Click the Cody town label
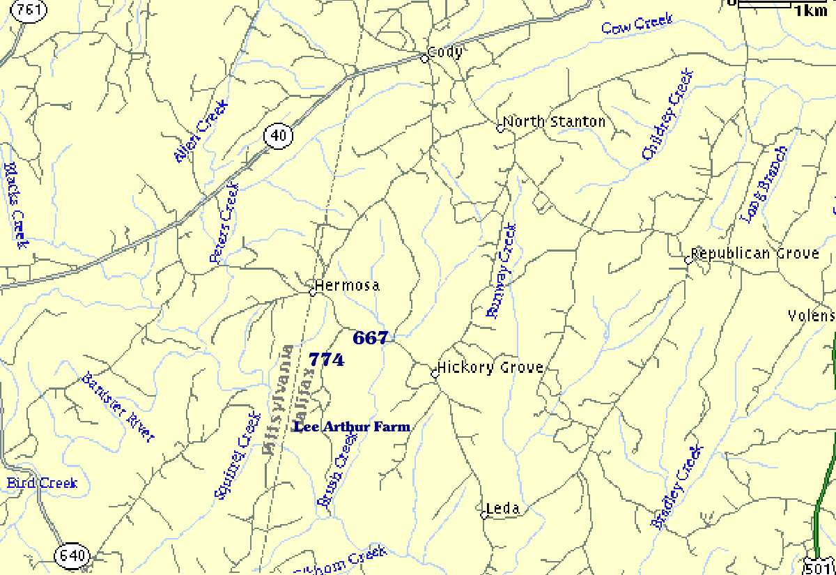(x=444, y=52)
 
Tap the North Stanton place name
(x=554, y=122)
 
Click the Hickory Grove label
(x=490, y=368)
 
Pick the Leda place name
(x=502, y=509)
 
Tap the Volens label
(x=811, y=316)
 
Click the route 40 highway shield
(x=279, y=135)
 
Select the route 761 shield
(x=30, y=10)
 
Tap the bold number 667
(x=370, y=338)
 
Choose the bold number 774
(x=326, y=360)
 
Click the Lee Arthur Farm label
(x=352, y=427)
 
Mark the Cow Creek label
(x=637, y=24)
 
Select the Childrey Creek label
(x=667, y=114)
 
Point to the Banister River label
(x=117, y=408)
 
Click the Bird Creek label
(x=42, y=483)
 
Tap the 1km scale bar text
(x=810, y=10)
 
